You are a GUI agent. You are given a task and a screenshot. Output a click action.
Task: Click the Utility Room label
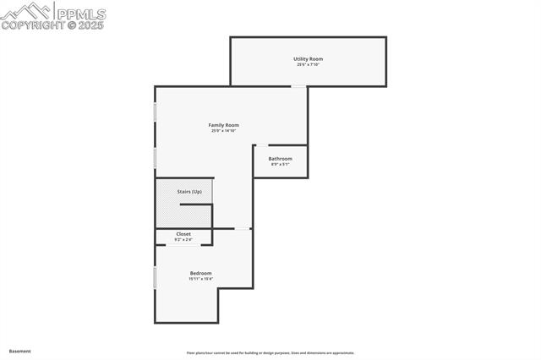click(309, 59)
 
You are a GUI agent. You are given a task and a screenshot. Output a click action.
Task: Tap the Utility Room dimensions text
click(309, 64)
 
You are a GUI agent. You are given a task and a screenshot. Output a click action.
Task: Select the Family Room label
click(224, 125)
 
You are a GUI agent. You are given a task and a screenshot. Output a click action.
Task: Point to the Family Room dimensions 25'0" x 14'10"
click(224, 130)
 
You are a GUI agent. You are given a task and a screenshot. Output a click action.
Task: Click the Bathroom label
click(281, 159)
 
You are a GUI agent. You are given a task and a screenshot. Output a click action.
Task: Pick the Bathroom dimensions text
click(281, 164)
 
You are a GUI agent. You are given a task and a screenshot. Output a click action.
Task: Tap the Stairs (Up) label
click(189, 192)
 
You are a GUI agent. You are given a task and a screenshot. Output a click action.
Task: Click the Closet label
click(183, 234)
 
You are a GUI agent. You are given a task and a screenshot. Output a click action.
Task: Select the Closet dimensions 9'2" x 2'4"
click(183, 239)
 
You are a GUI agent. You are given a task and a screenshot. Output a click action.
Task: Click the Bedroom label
click(200, 273)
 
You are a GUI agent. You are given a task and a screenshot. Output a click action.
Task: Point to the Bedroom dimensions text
click(200, 278)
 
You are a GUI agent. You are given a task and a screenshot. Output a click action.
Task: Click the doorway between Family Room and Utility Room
click(299, 86)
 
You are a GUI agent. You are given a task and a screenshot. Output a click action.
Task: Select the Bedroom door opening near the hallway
click(243, 228)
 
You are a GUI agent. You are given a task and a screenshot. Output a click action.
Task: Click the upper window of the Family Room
click(155, 112)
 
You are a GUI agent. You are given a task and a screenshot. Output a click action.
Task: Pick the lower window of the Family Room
click(155, 157)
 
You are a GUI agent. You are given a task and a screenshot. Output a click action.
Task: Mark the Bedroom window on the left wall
click(155, 278)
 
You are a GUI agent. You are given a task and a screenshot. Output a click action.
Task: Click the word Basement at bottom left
click(19, 351)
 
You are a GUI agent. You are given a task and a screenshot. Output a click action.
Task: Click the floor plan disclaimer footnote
click(270, 353)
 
